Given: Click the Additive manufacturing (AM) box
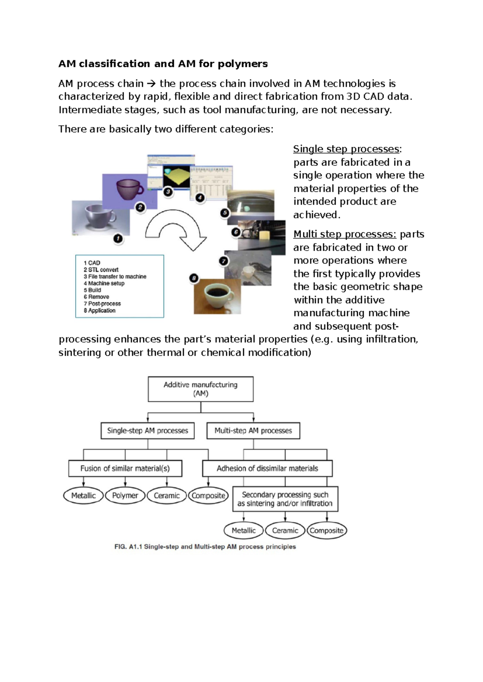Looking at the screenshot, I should click(x=200, y=389).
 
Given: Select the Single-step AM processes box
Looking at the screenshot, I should click(x=147, y=431).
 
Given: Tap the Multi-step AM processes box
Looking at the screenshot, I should click(x=253, y=431).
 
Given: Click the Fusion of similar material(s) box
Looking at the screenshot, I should click(x=125, y=468).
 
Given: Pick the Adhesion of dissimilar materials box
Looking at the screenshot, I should click(x=267, y=468).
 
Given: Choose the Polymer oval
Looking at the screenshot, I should click(x=125, y=495).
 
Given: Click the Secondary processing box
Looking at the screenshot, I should click(x=285, y=499).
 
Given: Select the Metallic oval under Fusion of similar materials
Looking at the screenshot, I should click(x=83, y=495).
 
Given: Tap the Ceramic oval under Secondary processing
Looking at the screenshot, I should click(x=285, y=530).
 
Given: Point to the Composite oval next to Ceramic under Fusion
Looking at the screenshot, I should click(x=208, y=495).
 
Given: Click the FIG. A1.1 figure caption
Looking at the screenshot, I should click(x=205, y=547).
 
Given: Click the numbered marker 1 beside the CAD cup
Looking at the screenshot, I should click(x=118, y=239).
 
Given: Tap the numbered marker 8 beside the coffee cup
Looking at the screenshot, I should click(x=194, y=278).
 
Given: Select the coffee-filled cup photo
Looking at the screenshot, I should click(x=217, y=296).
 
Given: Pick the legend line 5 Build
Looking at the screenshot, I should click(x=93, y=290).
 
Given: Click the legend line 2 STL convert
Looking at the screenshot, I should click(x=101, y=270).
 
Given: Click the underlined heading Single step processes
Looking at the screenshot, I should click(x=346, y=149).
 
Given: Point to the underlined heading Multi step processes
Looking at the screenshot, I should click(x=345, y=234).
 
